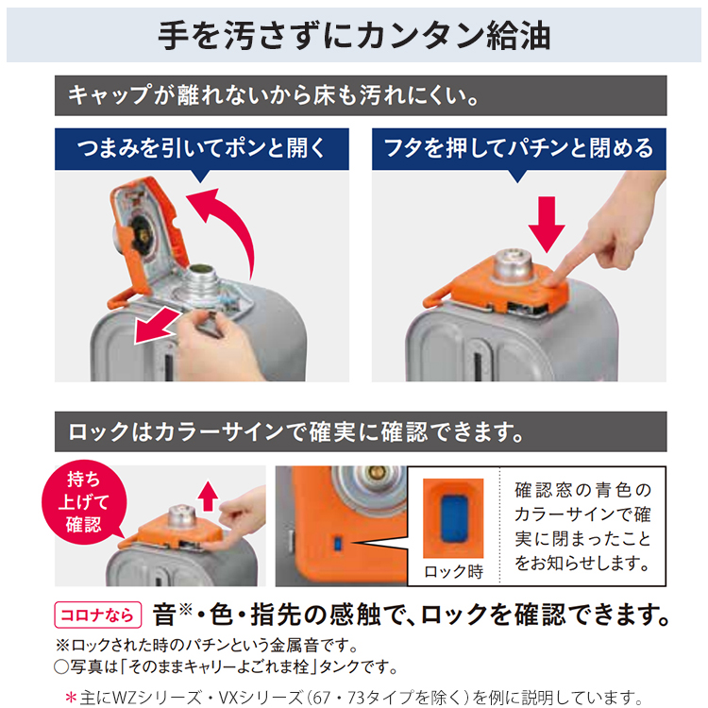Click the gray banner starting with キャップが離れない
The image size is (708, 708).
[x=274, y=95]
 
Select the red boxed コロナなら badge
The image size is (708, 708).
[x=99, y=615]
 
